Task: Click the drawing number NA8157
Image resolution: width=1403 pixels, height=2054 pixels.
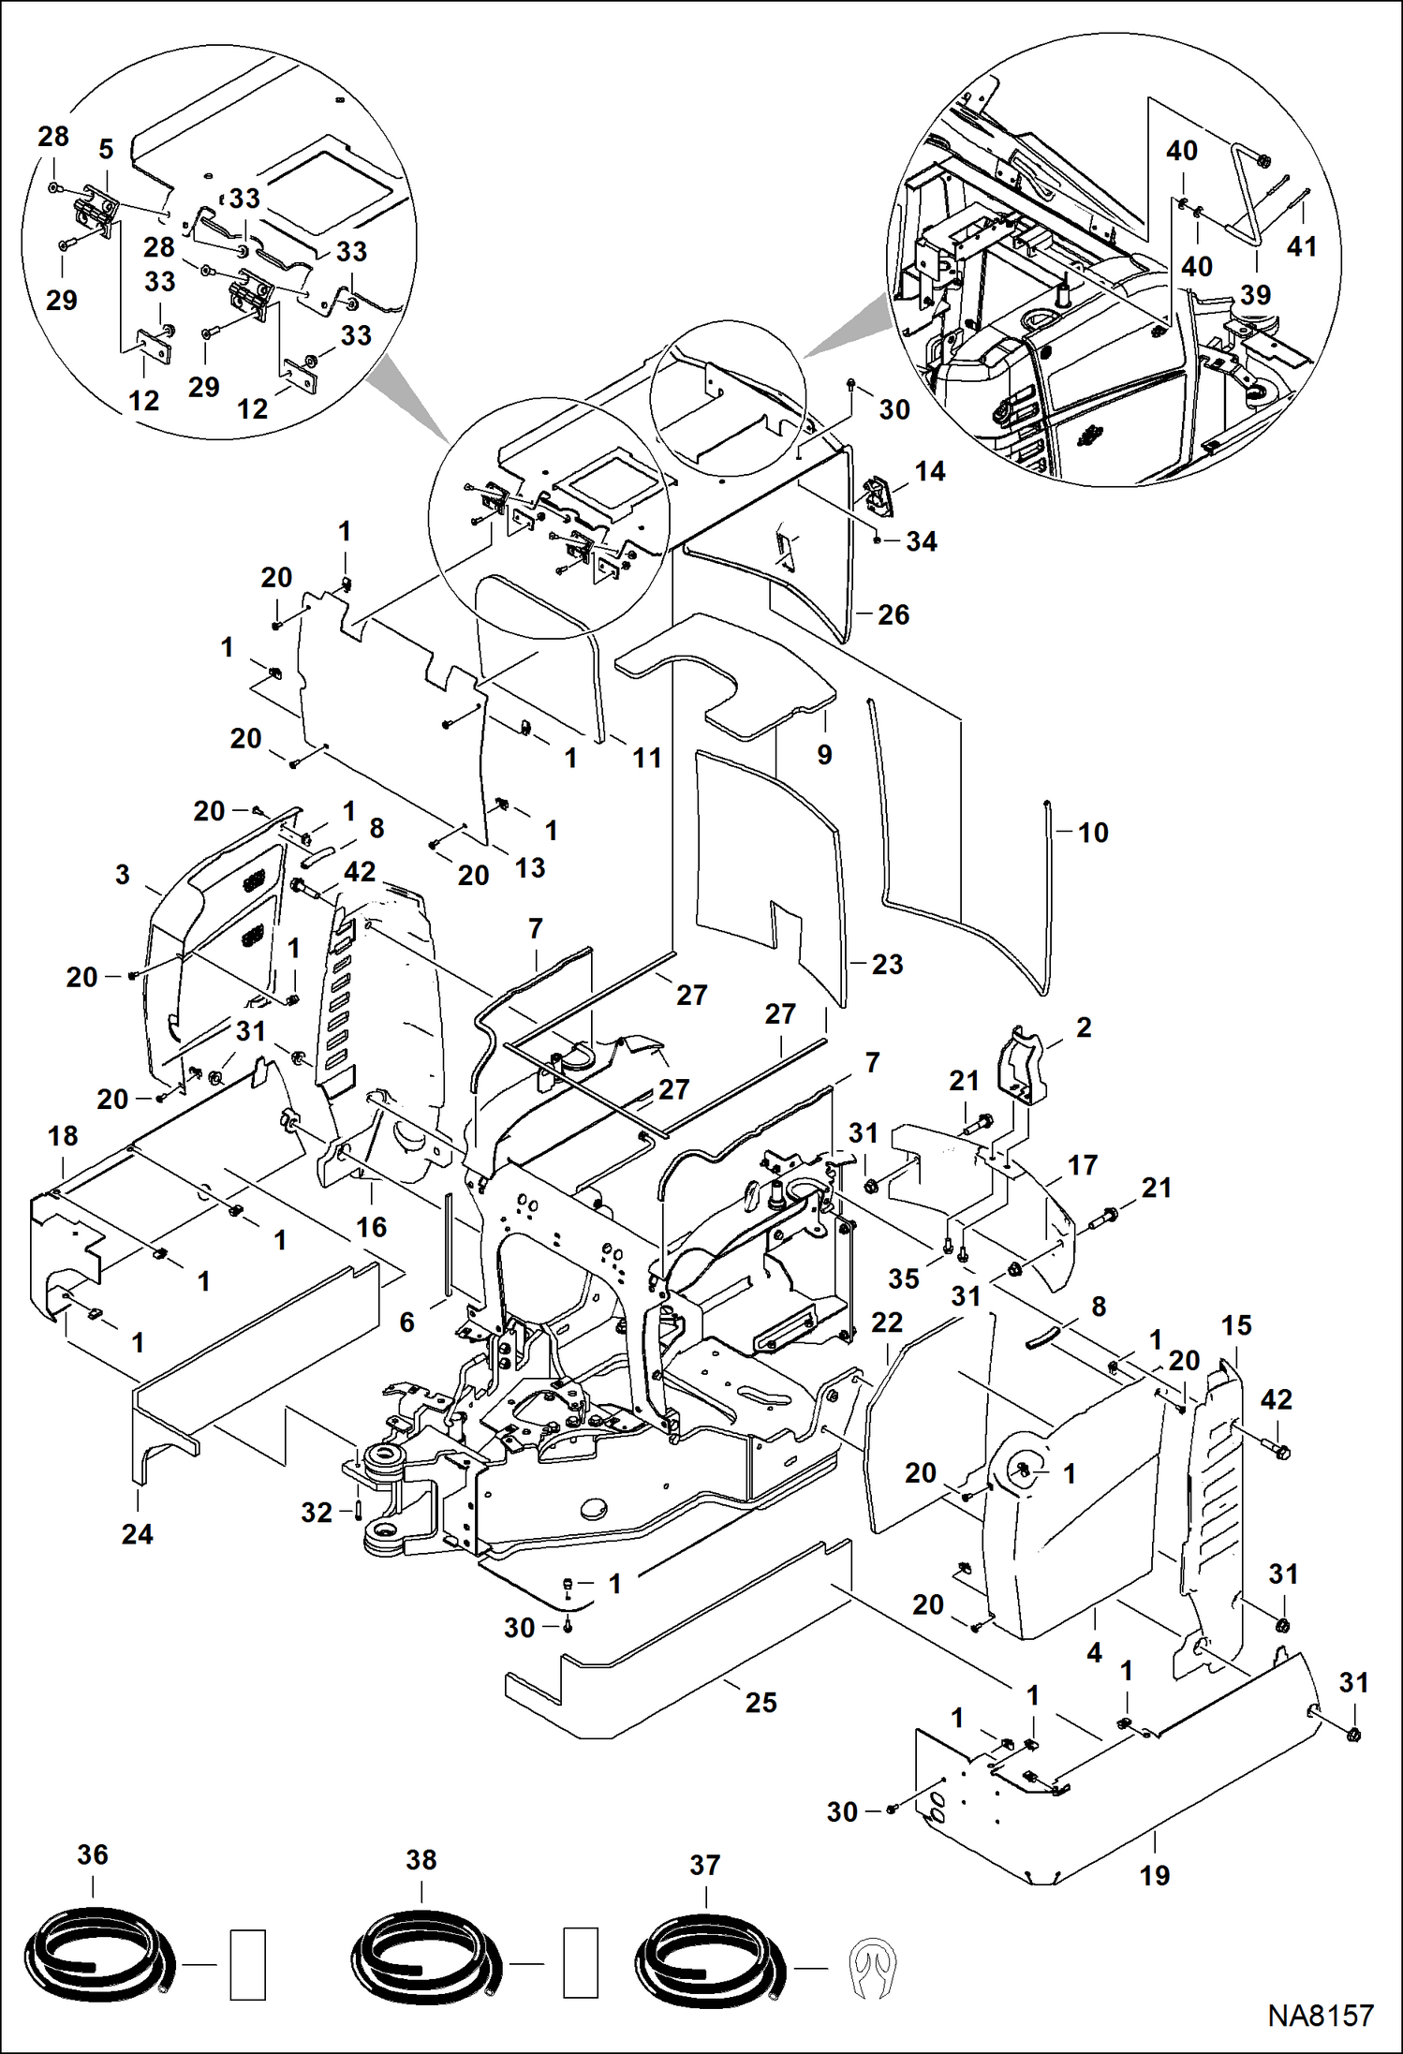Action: [x=1321, y=2015]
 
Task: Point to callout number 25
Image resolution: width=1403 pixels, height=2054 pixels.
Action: [x=761, y=1702]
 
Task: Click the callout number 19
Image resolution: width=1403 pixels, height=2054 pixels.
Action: [x=1155, y=1875]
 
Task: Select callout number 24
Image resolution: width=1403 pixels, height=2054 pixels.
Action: [x=137, y=1533]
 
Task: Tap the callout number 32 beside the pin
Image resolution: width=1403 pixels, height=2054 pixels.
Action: [x=317, y=1512]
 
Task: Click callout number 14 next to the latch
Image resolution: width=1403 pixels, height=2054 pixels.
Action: [x=930, y=471]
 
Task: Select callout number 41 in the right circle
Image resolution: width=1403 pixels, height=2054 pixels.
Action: [x=1302, y=246]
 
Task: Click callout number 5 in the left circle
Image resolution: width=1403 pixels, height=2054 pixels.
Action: [x=106, y=149]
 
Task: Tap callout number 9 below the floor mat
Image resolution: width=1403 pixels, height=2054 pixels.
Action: [x=824, y=754]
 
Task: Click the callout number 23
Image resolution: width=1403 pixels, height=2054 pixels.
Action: [x=887, y=964]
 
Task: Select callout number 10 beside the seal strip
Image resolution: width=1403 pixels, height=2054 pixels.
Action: [x=1093, y=832]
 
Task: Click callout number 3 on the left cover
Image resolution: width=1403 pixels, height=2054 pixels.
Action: [x=123, y=874]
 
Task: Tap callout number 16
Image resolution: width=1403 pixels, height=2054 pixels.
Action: [x=371, y=1226]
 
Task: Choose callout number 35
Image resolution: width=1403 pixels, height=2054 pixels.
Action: [x=904, y=1278]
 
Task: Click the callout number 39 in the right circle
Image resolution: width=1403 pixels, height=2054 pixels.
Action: [x=1255, y=294]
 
